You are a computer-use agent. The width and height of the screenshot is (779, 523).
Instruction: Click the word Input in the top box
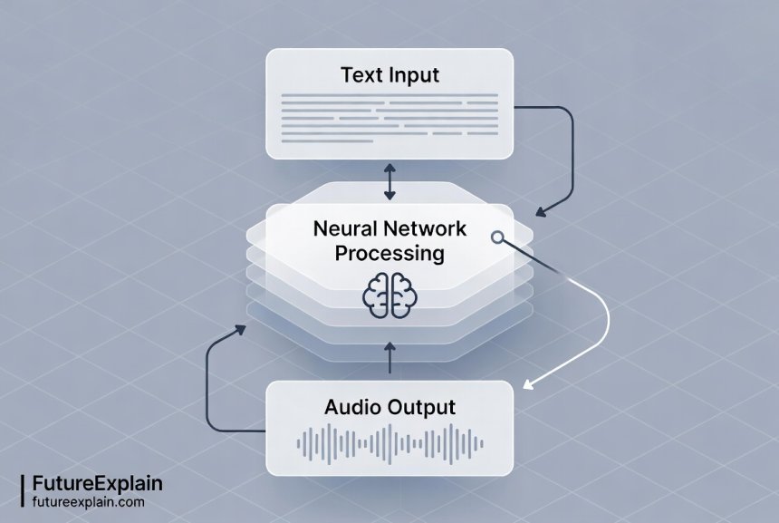[412, 76]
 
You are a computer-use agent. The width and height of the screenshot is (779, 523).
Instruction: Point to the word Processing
[389, 253]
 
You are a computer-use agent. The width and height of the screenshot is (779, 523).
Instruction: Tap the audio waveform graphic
[389, 442]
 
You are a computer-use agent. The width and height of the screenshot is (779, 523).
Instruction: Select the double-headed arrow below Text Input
[389, 182]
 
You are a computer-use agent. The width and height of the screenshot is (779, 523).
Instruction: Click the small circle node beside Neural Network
[496, 237]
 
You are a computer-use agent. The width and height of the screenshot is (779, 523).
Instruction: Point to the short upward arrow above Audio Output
[389, 355]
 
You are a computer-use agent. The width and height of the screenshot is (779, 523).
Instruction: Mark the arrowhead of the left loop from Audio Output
[240, 330]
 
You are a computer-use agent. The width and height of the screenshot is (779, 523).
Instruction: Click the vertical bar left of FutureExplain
[22, 490]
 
